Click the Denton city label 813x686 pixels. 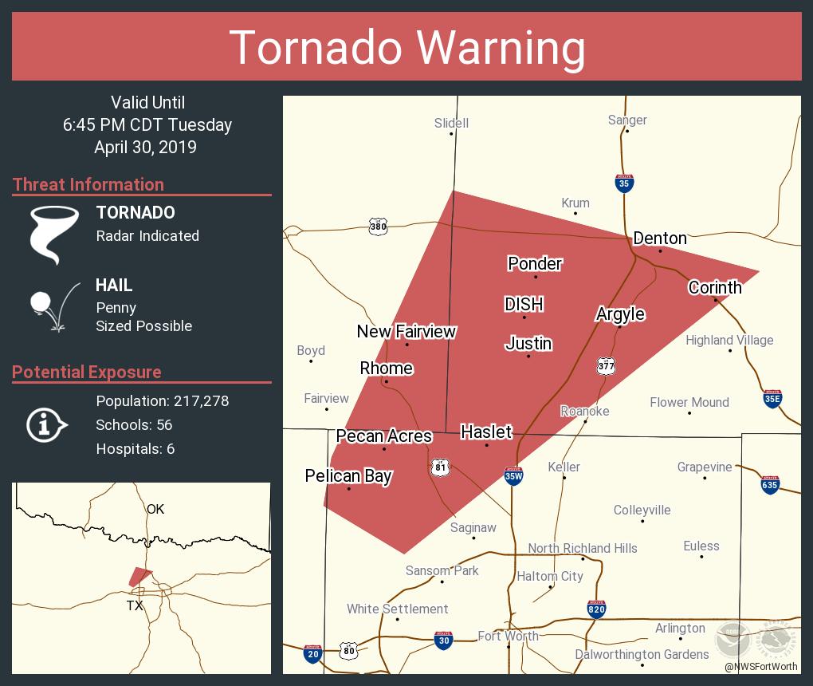coord(659,239)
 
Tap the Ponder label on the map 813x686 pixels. coord(535,264)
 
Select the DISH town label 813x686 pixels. coord(524,304)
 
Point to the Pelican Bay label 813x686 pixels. coord(348,476)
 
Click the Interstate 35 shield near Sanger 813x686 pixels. coord(624,183)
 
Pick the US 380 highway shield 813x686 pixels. coord(378,227)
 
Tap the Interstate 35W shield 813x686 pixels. coord(514,476)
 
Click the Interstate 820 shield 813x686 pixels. coord(596,609)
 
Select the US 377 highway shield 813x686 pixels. coord(606,365)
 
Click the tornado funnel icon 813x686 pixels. coord(53,234)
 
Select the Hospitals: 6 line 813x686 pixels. coord(135,448)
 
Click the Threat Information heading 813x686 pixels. coord(88,184)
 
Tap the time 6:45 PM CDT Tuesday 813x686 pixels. coord(147,124)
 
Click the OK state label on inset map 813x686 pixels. coord(155,508)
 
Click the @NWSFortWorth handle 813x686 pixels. coord(760,666)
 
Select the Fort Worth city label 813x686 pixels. coord(508,636)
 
